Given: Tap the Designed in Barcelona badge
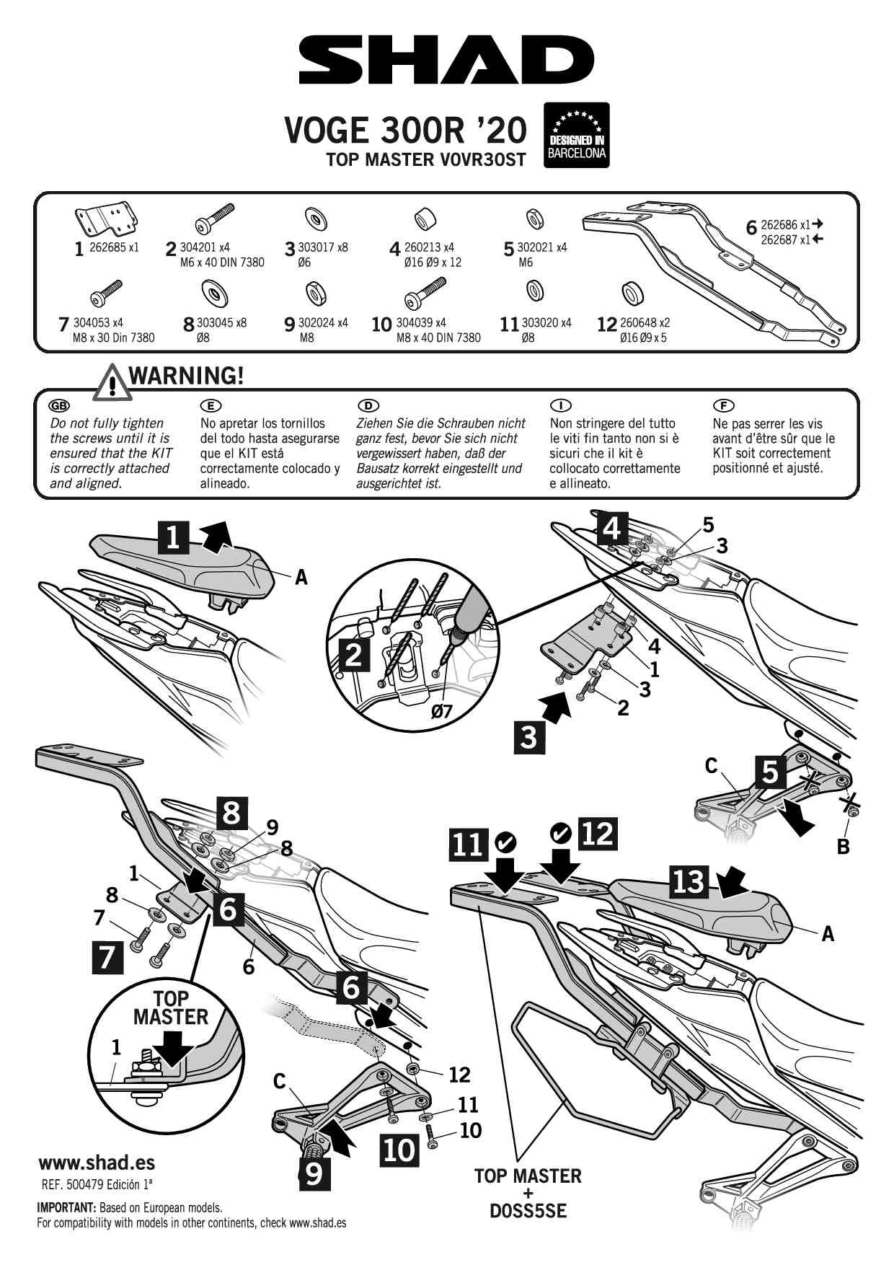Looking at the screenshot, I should click(x=576, y=136).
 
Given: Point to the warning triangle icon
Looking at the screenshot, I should click(x=111, y=383).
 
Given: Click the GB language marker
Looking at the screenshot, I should click(x=59, y=406).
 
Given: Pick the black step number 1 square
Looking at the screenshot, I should click(x=174, y=538).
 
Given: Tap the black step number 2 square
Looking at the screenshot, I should click(x=353, y=656).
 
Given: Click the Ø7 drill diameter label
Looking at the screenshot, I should click(x=441, y=711).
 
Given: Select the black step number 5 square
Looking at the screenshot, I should click(x=770, y=771).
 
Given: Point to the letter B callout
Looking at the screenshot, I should click(x=843, y=847).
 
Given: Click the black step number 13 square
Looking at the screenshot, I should click(x=689, y=881).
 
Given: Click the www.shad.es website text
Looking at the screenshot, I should click(x=97, y=1163).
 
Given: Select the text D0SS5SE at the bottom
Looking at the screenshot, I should click(x=528, y=1211).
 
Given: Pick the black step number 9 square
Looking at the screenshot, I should click(x=314, y=1174).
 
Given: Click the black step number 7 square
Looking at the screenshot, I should click(x=107, y=958).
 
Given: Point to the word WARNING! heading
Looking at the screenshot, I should click(x=186, y=376).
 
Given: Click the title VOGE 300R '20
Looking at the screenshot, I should click(x=406, y=131).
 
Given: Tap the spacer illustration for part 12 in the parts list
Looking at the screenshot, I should click(x=632, y=294).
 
